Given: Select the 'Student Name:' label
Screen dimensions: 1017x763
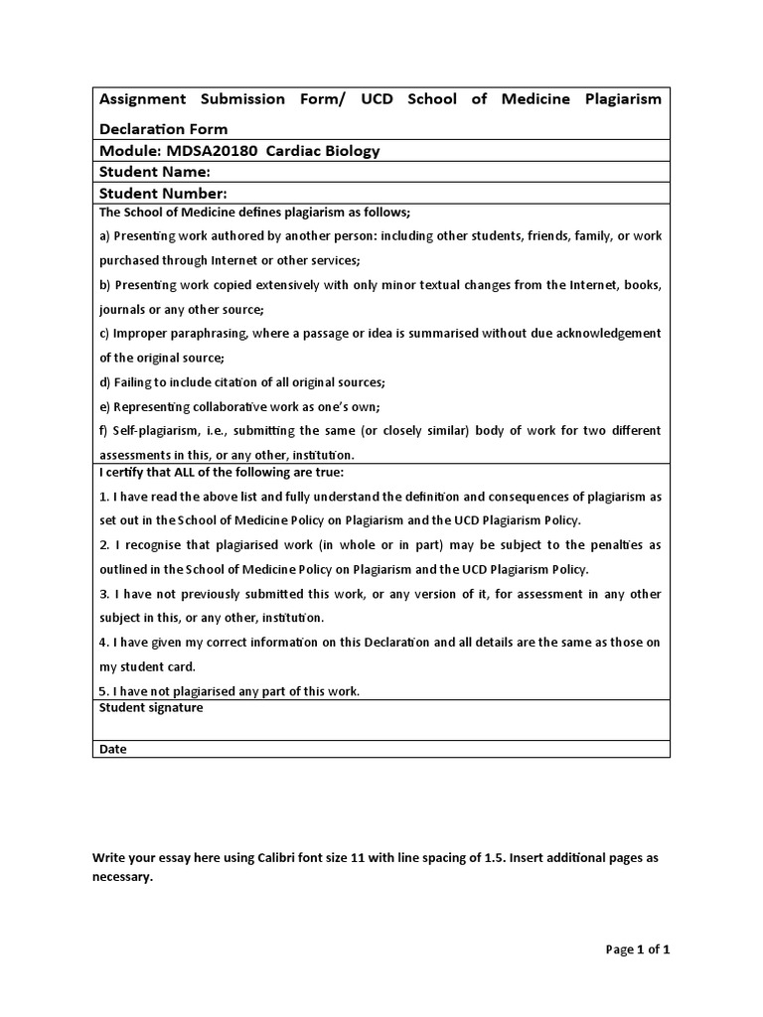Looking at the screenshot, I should [x=154, y=172].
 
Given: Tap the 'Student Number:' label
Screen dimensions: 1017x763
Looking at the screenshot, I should [x=163, y=194].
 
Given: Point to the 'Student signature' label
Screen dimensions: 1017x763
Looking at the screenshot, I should [x=151, y=708].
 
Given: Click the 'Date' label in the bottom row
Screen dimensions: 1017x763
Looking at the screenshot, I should [x=113, y=749].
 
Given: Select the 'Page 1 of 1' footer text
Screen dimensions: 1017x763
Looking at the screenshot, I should [x=638, y=949].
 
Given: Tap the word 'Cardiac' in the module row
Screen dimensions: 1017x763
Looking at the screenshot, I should [x=296, y=151].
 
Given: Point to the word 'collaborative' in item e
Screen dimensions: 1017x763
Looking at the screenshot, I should [x=225, y=406].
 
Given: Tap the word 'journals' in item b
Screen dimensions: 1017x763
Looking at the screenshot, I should [x=123, y=309].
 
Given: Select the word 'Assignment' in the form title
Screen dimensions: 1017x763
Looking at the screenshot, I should [x=142, y=99].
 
